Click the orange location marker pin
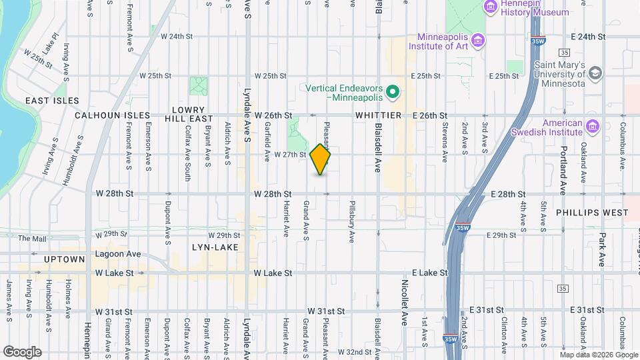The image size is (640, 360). pyautogui.click(x=320, y=159)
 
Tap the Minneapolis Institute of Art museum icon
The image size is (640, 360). pyautogui.click(x=477, y=41)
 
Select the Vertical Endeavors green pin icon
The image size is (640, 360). pyautogui.click(x=393, y=92)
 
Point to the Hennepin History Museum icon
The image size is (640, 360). pyautogui.click(x=491, y=7)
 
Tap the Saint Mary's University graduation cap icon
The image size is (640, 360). pyautogui.click(x=595, y=72)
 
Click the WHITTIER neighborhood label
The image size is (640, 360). pyautogui.click(x=378, y=115)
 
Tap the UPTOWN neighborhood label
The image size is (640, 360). pyautogui.click(x=65, y=259)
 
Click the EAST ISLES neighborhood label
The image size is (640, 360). pyautogui.click(x=52, y=101)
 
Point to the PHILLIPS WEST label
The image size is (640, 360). pyautogui.click(x=592, y=213)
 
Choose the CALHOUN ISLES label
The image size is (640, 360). pyautogui.click(x=113, y=115)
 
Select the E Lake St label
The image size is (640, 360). pyautogui.click(x=427, y=273)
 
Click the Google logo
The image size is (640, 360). pyautogui.click(x=22, y=351)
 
